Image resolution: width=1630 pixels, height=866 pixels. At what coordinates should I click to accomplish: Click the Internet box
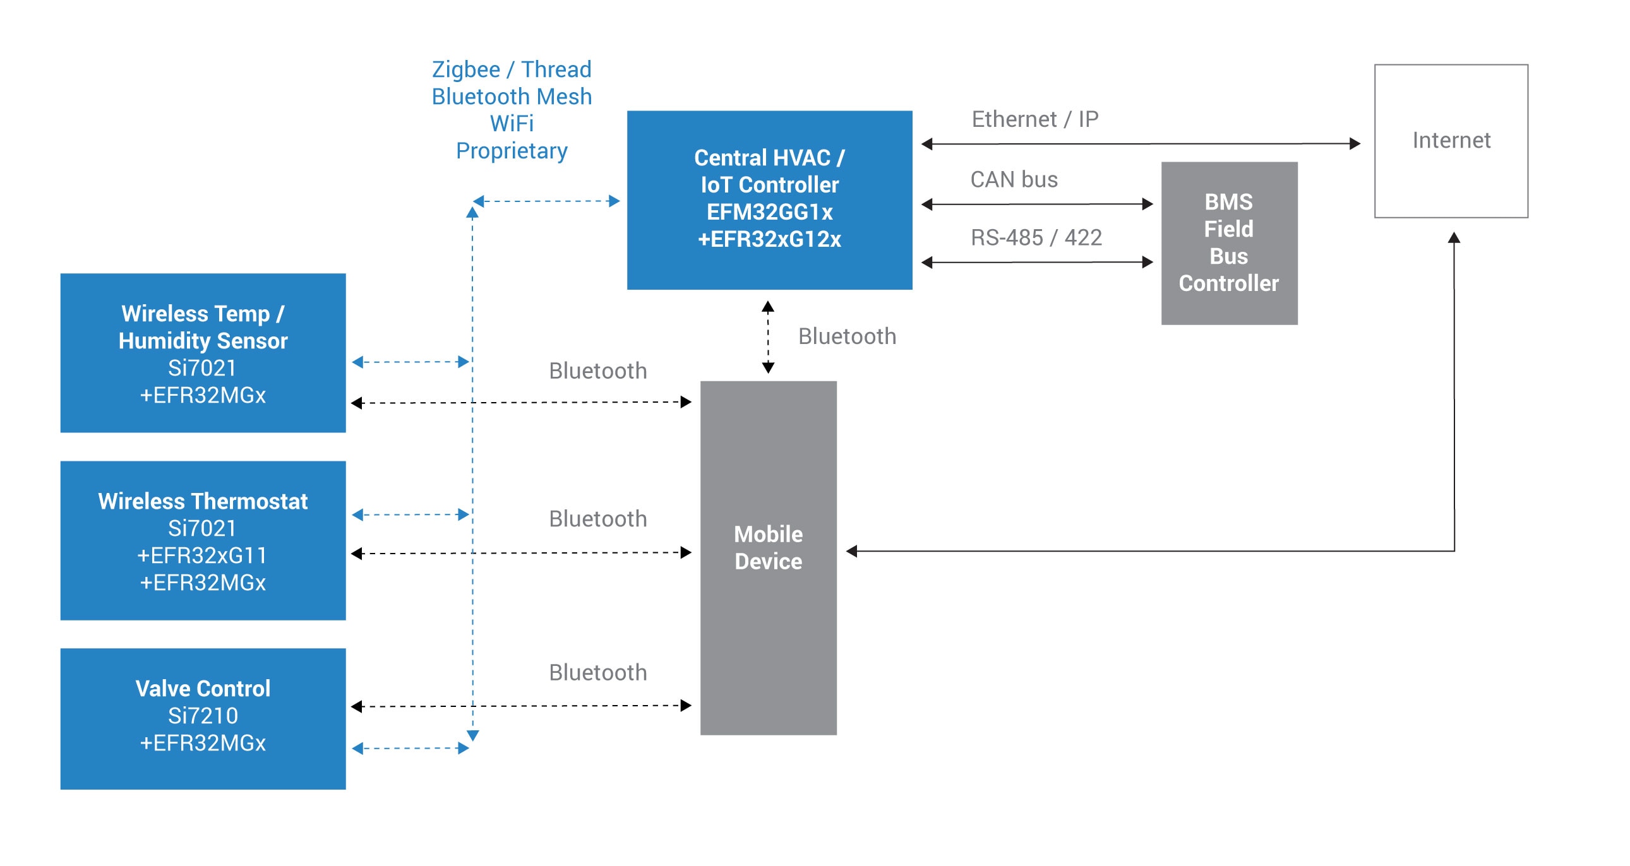(x=1450, y=140)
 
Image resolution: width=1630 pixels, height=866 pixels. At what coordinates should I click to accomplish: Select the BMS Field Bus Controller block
(x=1228, y=243)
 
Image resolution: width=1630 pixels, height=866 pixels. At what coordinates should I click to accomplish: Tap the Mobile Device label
(x=767, y=548)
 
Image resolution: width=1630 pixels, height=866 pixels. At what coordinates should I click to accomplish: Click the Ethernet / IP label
(x=1034, y=119)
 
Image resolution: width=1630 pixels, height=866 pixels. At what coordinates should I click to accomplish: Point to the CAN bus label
(x=1014, y=180)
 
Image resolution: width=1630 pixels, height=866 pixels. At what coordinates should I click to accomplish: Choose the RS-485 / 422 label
(x=1036, y=238)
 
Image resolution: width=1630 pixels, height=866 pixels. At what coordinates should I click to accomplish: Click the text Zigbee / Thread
(x=512, y=69)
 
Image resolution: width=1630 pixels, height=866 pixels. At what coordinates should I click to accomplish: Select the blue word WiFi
(x=512, y=123)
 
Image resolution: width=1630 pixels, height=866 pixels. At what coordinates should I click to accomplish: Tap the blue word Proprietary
(x=512, y=151)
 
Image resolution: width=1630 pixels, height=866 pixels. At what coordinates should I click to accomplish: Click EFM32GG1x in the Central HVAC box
(x=769, y=212)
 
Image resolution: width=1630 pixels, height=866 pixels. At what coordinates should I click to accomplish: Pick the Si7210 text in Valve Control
(x=203, y=715)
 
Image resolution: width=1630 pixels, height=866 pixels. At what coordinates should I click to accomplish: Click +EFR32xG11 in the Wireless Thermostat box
(x=203, y=555)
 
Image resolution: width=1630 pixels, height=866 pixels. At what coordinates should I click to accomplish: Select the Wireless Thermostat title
(x=203, y=501)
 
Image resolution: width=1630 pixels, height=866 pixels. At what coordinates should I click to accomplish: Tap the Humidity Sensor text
(x=203, y=341)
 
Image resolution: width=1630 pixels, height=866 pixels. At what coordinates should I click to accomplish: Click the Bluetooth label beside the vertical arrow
(x=847, y=336)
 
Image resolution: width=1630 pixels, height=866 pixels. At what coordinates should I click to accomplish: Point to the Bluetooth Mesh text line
(x=512, y=96)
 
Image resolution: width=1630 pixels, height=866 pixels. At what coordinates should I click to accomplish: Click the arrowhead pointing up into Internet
(x=1453, y=238)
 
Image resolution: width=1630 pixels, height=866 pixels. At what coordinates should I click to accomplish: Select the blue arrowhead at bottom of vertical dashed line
(x=472, y=735)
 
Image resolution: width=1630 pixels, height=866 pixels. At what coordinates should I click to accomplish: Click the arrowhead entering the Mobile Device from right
(x=852, y=551)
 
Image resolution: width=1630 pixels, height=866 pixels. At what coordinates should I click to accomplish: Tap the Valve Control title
(x=203, y=688)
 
